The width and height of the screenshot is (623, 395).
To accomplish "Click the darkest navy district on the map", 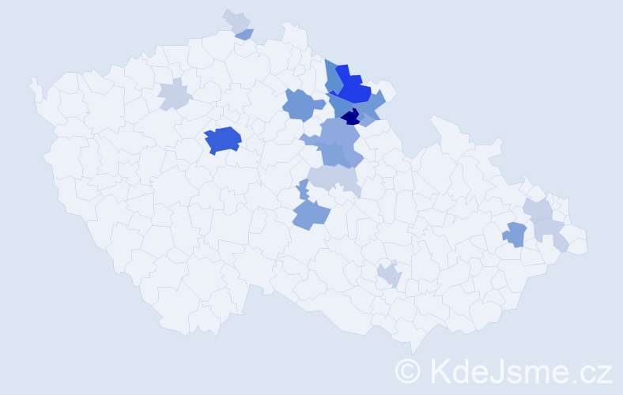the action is coord(351,118).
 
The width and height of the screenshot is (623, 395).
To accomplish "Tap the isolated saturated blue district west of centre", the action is coord(222,140).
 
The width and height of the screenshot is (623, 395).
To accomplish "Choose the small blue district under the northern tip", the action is coord(245,34).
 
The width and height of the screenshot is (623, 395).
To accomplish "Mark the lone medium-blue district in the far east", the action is coord(515,234).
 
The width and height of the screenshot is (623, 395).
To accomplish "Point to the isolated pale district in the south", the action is coord(389,275).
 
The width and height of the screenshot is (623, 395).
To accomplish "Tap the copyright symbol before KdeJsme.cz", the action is coord(409,371).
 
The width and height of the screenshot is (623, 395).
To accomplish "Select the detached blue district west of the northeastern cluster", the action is coord(303,104).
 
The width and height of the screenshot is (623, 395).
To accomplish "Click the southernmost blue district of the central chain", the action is coord(310,213).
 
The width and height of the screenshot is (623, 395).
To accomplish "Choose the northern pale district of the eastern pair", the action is coord(540,209).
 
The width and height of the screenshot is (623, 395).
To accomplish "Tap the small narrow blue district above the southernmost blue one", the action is coord(303,190).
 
